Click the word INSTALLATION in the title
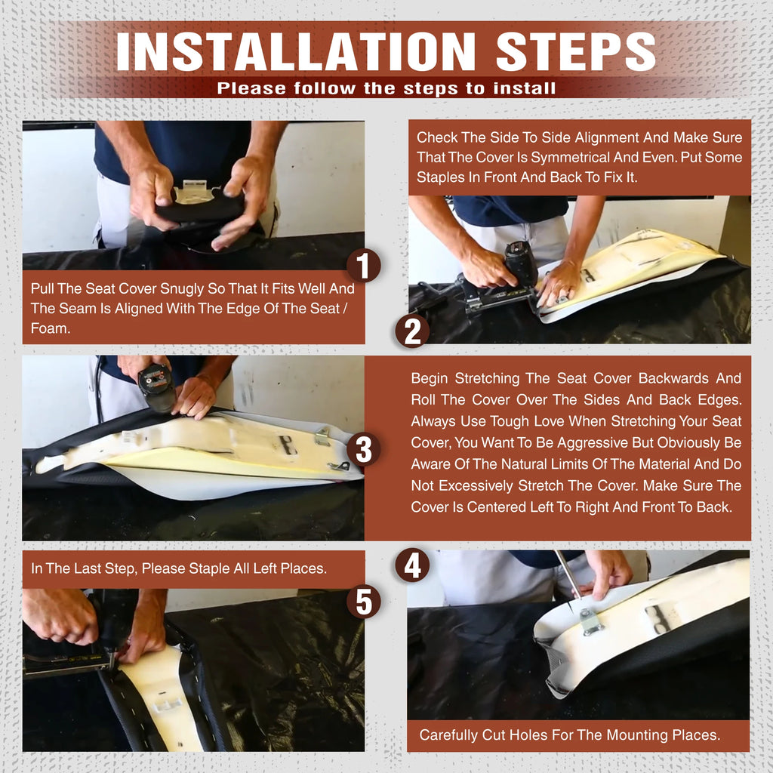[x=296, y=52]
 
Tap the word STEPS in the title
[x=576, y=52]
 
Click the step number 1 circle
[x=363, y=265]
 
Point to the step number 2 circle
[x=412, y=331]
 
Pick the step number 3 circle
[x=363, y=449]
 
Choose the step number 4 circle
[x=412, y=565]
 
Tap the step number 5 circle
[x=363, y=602]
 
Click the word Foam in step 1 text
[x=50, y=328]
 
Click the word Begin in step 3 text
[x=429, y=379]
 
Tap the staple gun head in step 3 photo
[x=157, y=387]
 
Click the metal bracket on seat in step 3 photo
[x=322, y=436]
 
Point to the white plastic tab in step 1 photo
[x=196, y=191]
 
